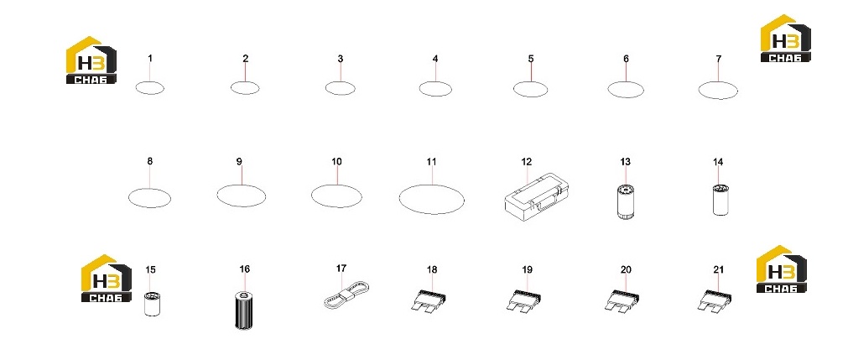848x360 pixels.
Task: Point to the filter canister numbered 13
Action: pos(626,201)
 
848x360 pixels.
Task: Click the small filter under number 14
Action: pos(721,200)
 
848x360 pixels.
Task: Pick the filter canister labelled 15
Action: pos(153,304)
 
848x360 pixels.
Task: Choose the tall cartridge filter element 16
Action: pos(244,310)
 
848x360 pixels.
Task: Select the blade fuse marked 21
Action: pos(716,301)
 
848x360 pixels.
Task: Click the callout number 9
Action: pos(239,161)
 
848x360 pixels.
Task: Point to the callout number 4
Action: pos(435,59)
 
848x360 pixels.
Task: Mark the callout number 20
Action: pos(626,269)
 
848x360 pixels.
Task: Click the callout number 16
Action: pos(244,269)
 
